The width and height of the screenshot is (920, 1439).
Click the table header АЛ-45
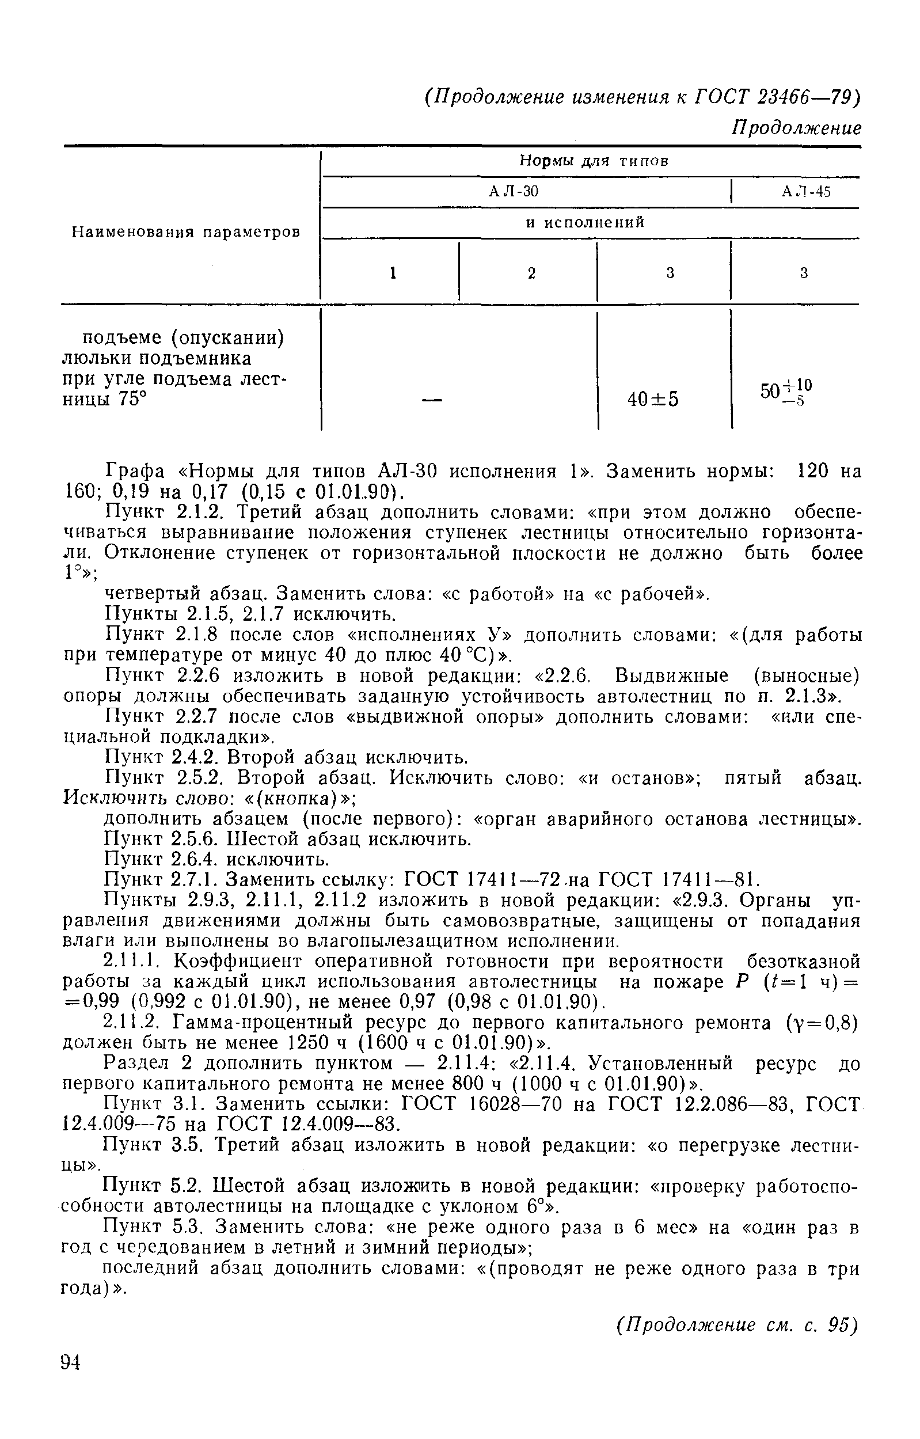806,192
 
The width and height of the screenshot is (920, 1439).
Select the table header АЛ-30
513,192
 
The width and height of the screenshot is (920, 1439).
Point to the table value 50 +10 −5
786,392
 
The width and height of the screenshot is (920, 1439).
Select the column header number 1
393,273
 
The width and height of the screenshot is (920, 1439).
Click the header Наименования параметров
187,232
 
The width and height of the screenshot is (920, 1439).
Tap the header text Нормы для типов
593,161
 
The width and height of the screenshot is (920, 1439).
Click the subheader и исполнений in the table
586,223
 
